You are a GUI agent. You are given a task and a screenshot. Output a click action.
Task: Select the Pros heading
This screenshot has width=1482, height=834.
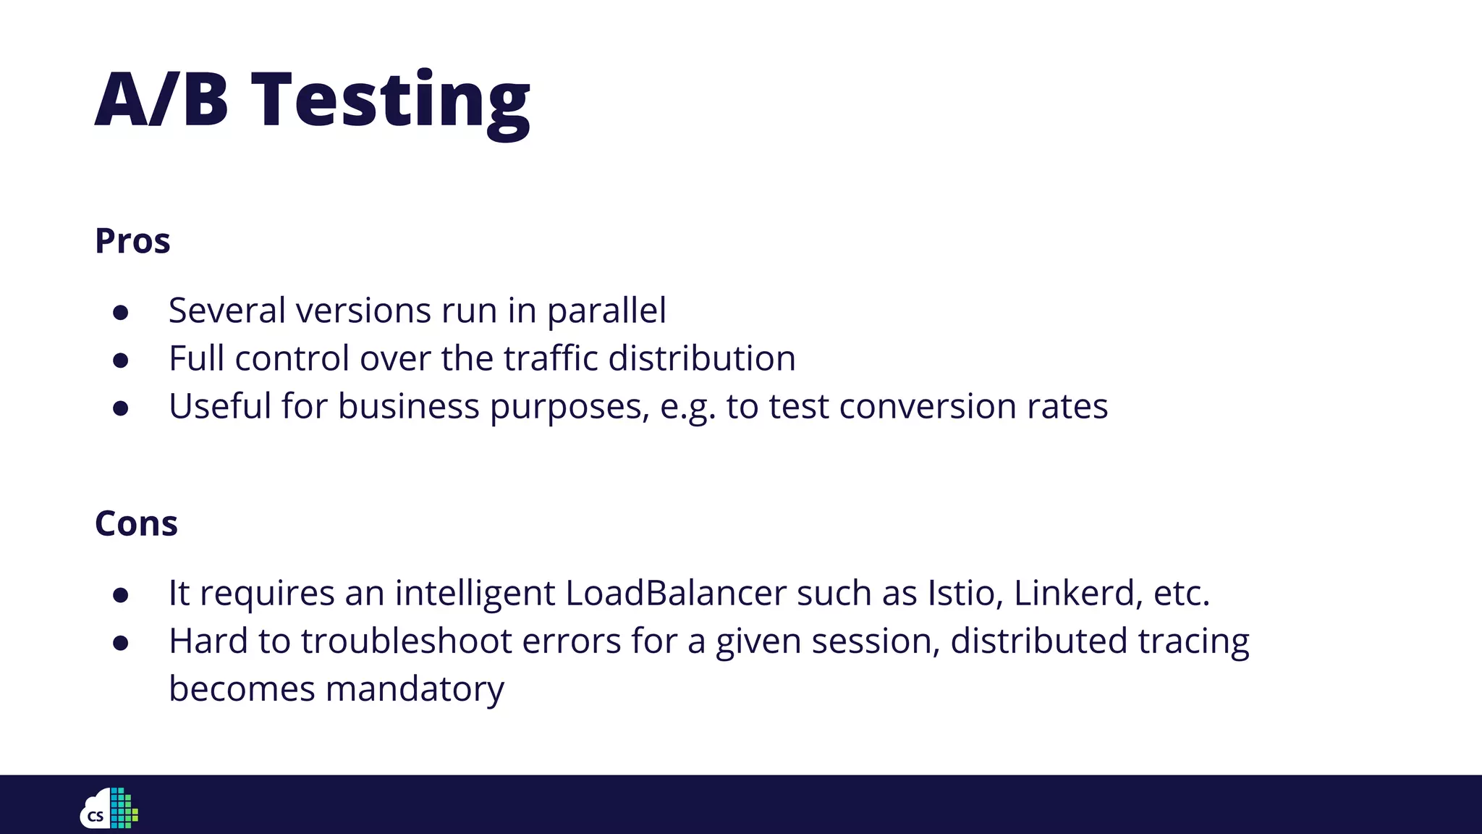132,241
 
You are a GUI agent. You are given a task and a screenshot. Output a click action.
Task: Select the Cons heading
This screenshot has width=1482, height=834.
136,523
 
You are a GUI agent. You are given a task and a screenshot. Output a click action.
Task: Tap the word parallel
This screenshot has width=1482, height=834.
606,311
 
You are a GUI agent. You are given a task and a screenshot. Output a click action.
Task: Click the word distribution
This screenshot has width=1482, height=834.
702,358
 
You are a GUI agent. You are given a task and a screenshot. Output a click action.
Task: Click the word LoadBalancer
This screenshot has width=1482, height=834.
675,594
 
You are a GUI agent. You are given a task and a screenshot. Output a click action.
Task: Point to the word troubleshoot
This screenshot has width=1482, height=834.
406,641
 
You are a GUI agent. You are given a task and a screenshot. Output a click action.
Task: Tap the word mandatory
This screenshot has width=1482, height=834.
414,689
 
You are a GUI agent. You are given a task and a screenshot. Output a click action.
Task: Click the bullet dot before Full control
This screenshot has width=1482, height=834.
121,360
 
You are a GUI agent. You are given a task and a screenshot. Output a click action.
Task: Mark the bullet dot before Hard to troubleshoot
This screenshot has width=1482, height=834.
121,643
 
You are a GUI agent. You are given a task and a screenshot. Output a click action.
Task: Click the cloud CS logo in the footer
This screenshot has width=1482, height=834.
109,808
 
